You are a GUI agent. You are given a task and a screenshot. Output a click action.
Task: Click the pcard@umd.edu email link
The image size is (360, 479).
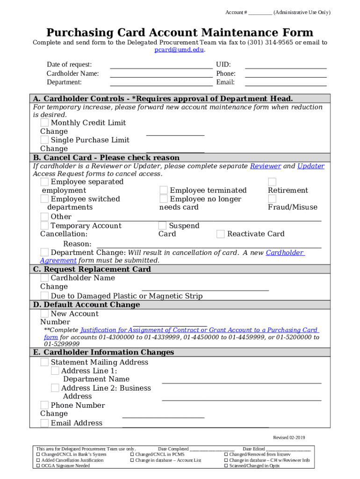[180, 50]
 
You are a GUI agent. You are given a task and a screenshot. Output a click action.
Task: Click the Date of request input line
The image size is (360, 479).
[161, 65]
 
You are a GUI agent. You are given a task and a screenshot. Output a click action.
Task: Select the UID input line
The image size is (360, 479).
[285, 65]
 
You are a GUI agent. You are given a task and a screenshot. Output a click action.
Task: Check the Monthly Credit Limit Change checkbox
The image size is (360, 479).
[44, 123]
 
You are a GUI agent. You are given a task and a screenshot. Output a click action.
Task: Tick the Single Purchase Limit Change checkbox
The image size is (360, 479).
[44, 140]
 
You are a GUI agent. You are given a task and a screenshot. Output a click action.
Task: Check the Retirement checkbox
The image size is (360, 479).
[272, 181]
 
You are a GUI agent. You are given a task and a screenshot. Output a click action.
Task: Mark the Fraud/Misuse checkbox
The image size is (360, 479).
[272, 199]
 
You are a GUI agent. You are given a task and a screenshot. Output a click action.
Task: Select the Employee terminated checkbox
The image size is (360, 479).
[164, 190]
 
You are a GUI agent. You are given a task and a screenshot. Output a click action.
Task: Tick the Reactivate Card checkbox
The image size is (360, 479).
[221, 234]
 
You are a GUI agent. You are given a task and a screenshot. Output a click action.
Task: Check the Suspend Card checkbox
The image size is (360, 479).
[163, 226]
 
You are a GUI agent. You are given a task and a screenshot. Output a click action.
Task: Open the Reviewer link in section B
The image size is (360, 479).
[266, 166]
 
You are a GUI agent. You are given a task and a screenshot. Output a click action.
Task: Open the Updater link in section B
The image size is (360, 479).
[310, 166]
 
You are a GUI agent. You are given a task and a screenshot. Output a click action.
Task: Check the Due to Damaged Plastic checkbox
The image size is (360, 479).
[44, 296]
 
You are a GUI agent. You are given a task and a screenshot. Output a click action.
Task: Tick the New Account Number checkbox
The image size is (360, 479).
[44, 314]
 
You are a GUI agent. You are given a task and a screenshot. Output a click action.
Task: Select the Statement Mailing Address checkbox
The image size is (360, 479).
[44, 362]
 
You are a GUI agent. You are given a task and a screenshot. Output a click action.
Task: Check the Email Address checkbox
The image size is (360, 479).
[44, 423]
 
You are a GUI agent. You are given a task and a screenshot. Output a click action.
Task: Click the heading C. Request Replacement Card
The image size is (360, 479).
[91, 269]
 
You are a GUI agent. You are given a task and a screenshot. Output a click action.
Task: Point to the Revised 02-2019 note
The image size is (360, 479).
[288, 438]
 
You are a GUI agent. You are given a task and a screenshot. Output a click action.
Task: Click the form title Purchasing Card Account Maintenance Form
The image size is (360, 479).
[180, 33]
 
